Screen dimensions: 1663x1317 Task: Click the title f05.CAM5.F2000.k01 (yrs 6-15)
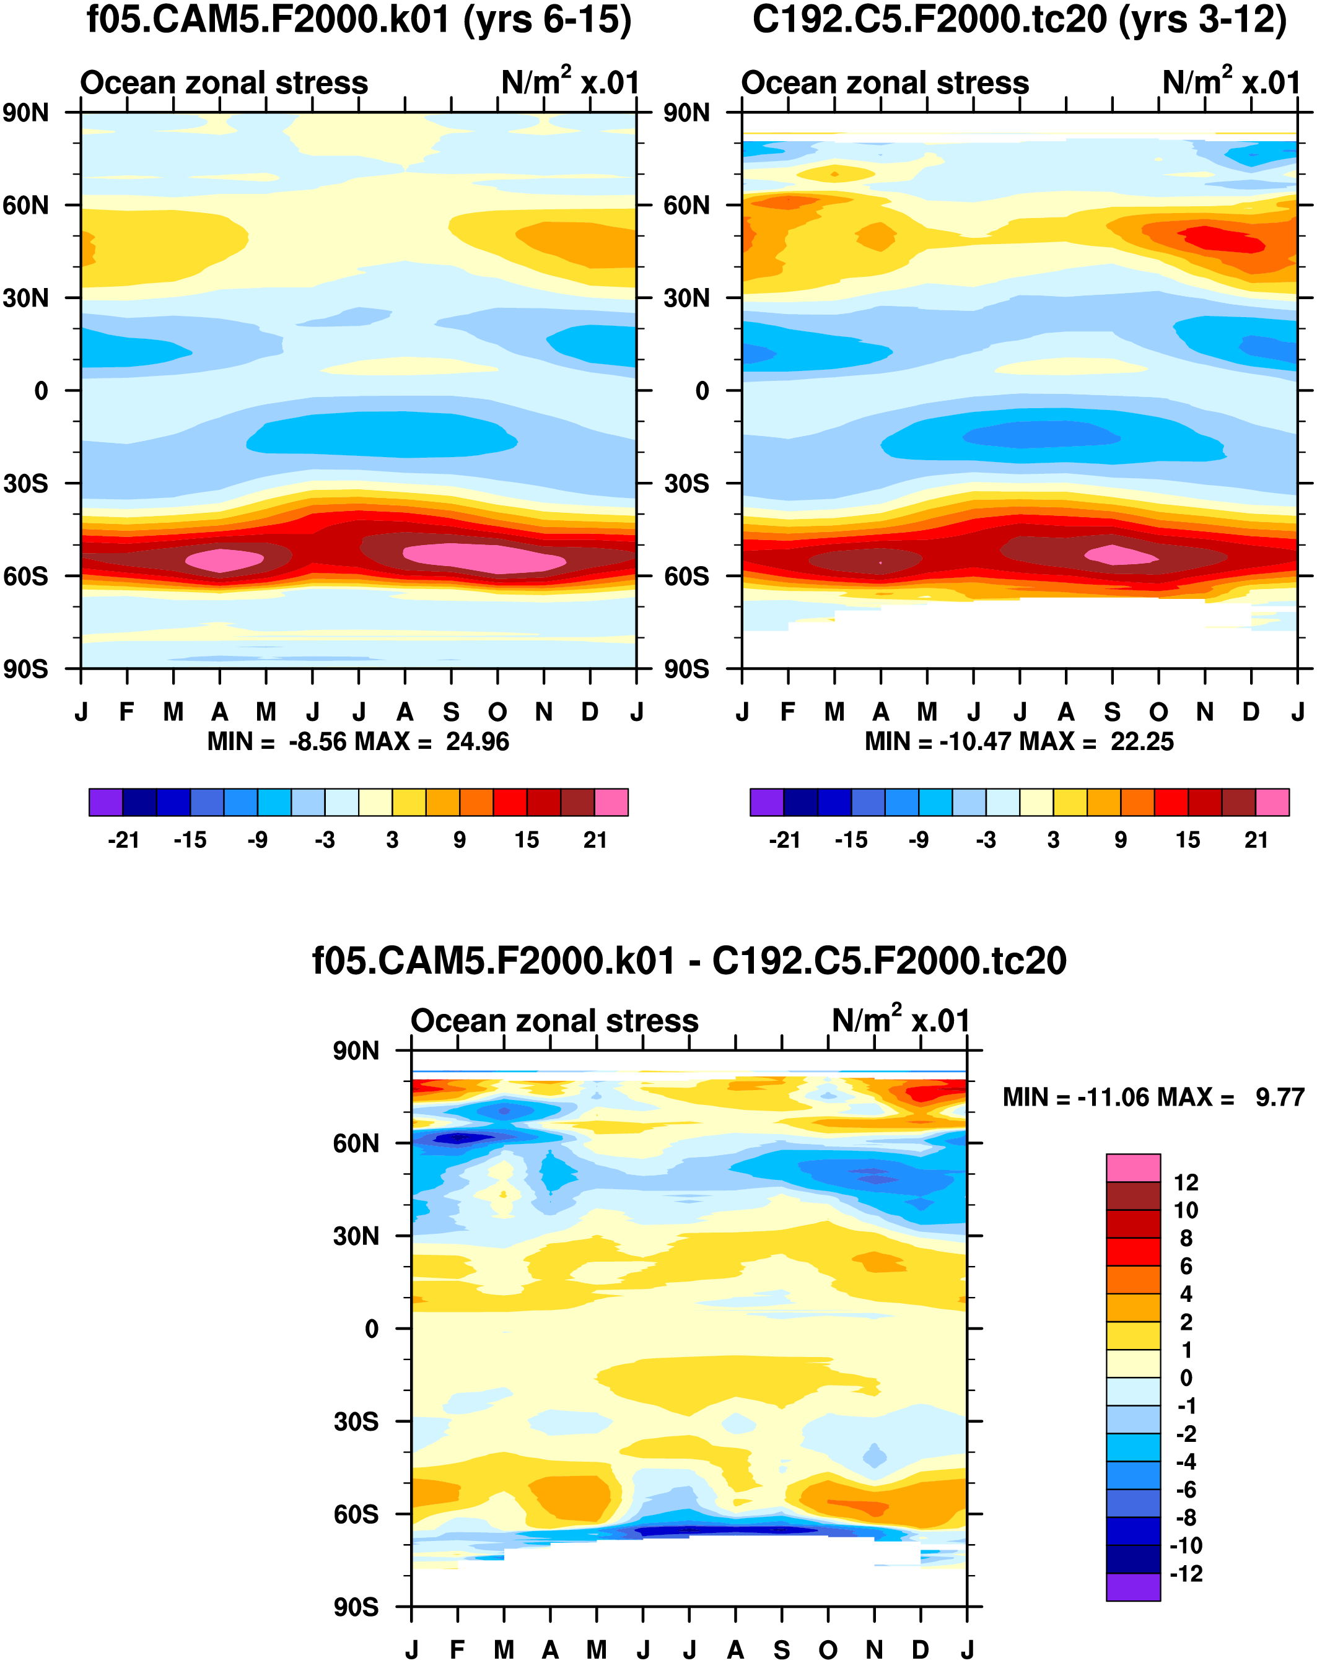tap(359, 20)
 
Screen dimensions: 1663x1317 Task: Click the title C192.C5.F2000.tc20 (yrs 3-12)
tap(1020, 20)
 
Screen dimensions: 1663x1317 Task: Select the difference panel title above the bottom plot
tap(689, 961)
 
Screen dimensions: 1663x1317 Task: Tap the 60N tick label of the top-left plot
tap(25, 206)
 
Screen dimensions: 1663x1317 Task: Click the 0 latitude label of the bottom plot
tap(371, 1329)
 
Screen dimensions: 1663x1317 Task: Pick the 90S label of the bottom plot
tap(356, 1607)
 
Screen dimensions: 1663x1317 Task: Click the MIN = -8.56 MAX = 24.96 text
tap(358, 741)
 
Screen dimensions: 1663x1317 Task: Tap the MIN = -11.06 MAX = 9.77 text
tap(1153, 1097)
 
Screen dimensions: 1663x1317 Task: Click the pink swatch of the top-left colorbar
tap(611, 802)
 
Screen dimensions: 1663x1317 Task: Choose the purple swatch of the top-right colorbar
tap(766, 802)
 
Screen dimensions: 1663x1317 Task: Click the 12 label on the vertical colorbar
tap(1185, 1182)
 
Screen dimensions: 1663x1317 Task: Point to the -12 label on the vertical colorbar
tap(1185, 1574)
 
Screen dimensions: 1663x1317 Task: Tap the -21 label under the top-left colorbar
tap(123, 840)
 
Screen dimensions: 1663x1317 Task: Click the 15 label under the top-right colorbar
tap(1188, 840)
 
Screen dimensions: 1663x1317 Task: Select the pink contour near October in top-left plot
tap(484, 557)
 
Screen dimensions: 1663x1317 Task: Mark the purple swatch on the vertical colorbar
tap(1133, 1587)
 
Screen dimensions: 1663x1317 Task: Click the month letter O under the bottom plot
tap(828, 1650)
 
